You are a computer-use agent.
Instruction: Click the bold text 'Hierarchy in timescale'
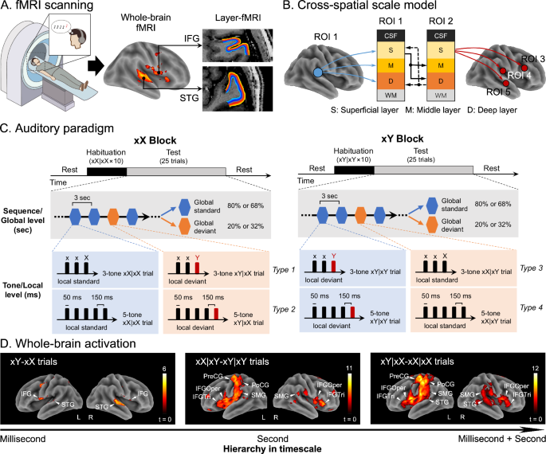click(x=273, y=447)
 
